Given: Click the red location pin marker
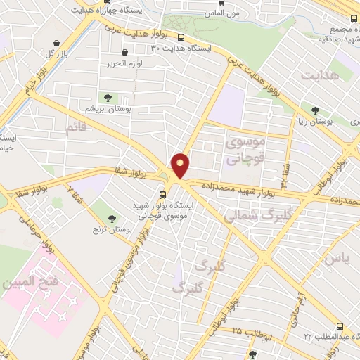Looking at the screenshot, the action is (x=181, y=165).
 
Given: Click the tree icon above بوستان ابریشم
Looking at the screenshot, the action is (x=108, y=98).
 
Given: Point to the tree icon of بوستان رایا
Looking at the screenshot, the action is (x=314, y=110).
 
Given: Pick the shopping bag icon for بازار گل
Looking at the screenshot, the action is (x=56, y=41).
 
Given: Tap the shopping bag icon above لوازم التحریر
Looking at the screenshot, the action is (x=125, y=52).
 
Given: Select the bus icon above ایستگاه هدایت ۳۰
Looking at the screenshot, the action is (x=181, y=37).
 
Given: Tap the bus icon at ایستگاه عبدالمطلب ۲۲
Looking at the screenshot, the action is (x=340, y=326).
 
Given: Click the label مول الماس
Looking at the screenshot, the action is (x=227, y=13).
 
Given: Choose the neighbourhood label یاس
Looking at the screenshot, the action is (x=336, y=259).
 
